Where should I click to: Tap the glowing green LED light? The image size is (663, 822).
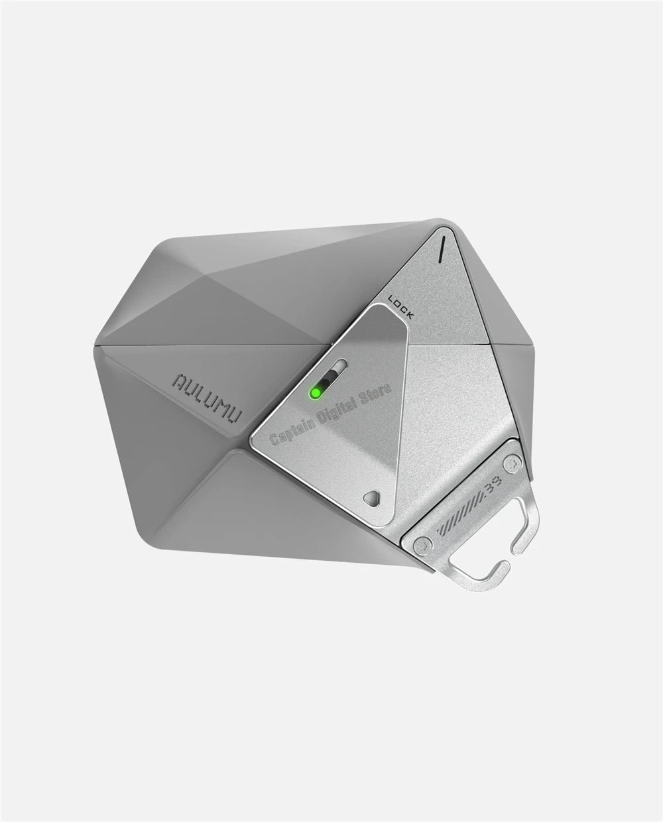pyautogui.click(x=316, y=393)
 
